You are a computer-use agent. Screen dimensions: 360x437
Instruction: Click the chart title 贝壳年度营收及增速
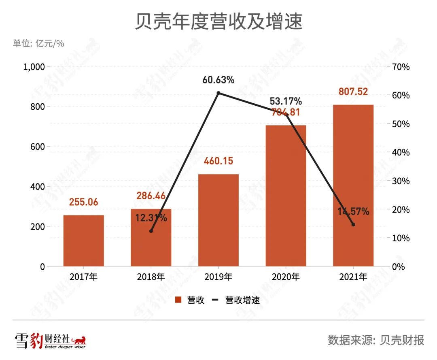(218, 22)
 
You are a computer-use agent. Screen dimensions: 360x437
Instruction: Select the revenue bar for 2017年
(84, 241)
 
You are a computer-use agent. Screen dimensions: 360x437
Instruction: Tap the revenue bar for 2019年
(218, 220)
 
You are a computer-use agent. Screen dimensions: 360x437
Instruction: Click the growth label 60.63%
(218, 80)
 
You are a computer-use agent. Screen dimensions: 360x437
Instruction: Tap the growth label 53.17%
(286, 100)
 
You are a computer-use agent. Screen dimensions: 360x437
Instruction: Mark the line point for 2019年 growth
(218, 93)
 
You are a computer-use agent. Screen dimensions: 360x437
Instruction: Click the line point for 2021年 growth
(353, 225)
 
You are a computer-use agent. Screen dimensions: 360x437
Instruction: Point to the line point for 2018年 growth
(151, 231)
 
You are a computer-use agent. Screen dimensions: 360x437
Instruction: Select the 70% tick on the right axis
(400, 67)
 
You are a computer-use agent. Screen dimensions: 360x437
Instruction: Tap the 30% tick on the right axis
(400, 181)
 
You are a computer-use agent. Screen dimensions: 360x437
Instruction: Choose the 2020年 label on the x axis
(286, 277)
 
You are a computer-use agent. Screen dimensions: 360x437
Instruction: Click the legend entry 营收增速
(242, 300)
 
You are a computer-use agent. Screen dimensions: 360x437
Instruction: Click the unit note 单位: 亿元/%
(38, 43)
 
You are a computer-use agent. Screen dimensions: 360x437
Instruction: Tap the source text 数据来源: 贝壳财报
(376, 340)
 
